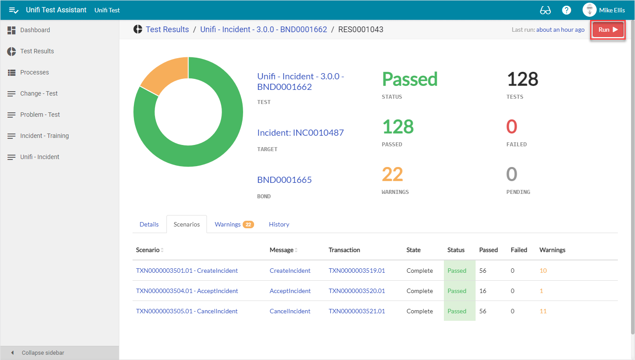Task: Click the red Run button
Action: pyautogui.click(x=608, y=30)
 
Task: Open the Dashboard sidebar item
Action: pyautogui.click(x=35, y=30)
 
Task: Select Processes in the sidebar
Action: pyautogui.click(x=34, y=72)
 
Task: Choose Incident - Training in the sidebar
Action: pyautogui.click(x=44, y=136)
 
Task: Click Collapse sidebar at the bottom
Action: pyautogui.click(x=43, y=353)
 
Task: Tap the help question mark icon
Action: pyautogui.click(x=567, y=10)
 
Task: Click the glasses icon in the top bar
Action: pyautogui.click(x=545, y=10)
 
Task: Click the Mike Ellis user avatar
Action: pyautogui.click(x=589, y=10)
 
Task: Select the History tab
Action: pyautogui.click(x=279, y=224)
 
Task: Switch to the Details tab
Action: pyautogui.click(x=149, y=224)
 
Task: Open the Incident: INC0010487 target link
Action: pyautogui.click(x=300, y=133)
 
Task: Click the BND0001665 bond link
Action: pyautogui.click(x=284, y=180)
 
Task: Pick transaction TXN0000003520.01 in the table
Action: pyautogui.click(x=357, y=291)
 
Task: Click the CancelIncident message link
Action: pyautogui.click(x=290, y=311)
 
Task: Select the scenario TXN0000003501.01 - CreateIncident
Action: pyautogui.click(x=187, y=271)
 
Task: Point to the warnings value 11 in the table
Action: pyautogui.click(x=543, y=311)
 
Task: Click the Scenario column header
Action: pyautogui.click(x=148, y=250)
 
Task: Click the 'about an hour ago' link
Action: pyautogui.click(x=560, y=30)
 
